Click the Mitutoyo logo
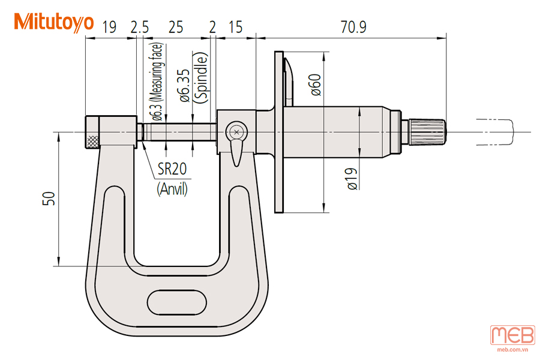(54, 22)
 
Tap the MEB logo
(513, 335)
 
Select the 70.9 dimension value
(353, 27)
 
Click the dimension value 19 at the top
(110, 27)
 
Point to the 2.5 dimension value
(139, 27)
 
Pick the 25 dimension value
(176, 27)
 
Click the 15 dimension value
(236, 27)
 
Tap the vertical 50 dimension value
(49, 199)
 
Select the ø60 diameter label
(316, 85)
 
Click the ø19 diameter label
(352, 179)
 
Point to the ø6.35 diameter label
(184, 85)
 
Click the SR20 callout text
(172, 169)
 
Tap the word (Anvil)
(172, 189)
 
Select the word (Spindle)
(201, 77)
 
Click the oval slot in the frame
(177, 303)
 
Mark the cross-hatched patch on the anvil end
(92, 141)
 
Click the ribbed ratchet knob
(427, 131)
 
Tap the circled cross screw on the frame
(236, 131)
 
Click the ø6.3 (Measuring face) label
(157, 82)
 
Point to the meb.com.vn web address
(513, 350)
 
